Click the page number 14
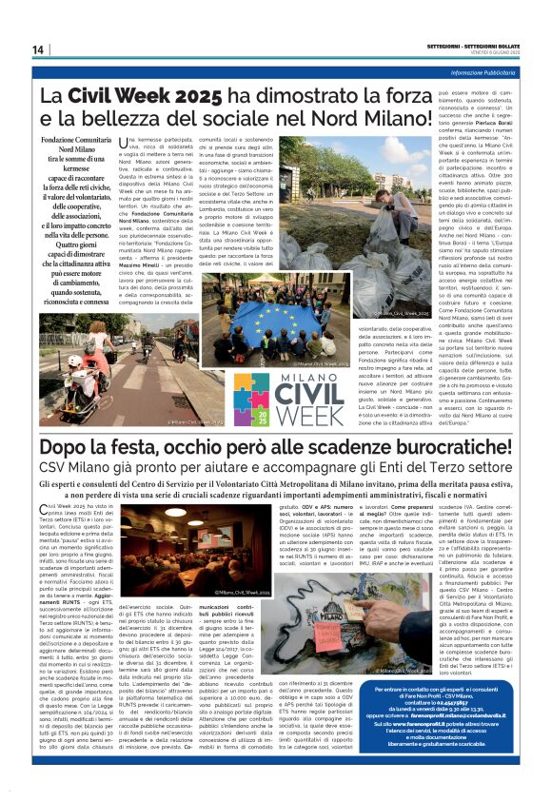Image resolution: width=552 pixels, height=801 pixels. (38, 49)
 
